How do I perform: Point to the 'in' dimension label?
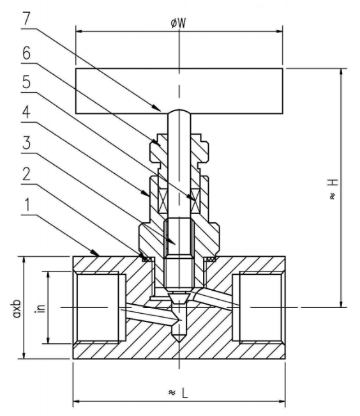pos(40,307)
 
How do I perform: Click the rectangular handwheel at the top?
pos(179,89)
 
